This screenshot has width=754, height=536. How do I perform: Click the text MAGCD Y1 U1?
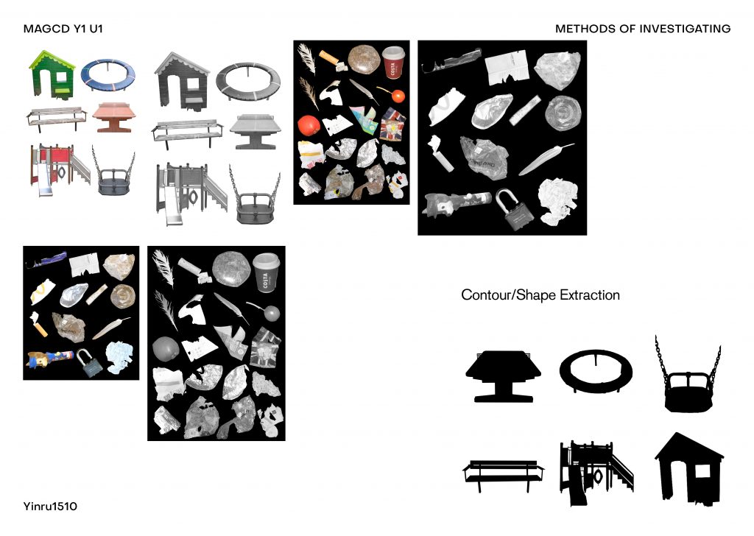click(x=63, y=29)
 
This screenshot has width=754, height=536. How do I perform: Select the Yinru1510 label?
click(x=50, y=507)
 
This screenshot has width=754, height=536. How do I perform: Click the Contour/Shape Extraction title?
click(x=540, y=295)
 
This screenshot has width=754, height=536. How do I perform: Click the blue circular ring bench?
click(x=108, y=76)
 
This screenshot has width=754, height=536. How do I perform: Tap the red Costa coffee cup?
click(x=393, y=62)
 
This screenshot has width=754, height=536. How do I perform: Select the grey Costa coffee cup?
click(x=266, y=272)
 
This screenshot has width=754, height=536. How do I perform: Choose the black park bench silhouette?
click(x=503, y=474)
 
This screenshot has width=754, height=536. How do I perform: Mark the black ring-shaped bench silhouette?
click(x=596, y=370)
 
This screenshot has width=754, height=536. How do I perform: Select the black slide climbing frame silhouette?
click(x=596, y=472)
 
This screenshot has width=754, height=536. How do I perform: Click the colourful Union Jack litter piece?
click(x=393, y=124)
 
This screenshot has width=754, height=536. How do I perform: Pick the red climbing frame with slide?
click(x=60, y=169)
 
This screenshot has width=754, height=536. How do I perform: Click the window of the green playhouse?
click(x=62, y=77)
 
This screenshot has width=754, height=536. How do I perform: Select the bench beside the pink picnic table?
click(x=57, y=119)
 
